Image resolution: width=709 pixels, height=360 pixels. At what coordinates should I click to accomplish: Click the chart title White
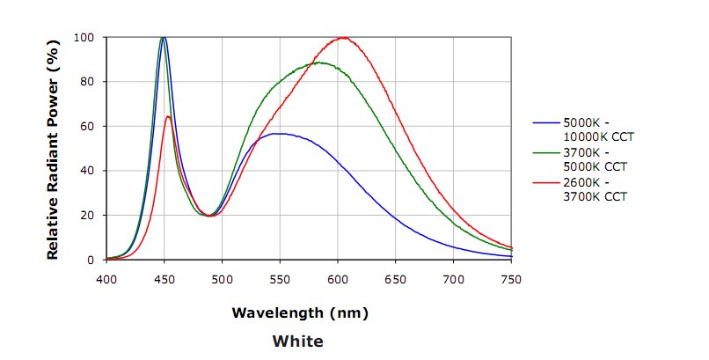297,341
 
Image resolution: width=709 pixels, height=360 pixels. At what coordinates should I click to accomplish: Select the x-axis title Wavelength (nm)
300,312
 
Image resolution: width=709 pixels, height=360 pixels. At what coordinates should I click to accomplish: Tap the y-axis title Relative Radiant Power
53,149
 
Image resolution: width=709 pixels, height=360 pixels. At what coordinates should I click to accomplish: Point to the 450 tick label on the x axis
164,278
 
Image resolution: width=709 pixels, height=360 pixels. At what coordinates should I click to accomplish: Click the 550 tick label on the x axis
280,278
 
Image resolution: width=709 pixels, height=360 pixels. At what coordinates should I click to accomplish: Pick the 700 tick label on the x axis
453,278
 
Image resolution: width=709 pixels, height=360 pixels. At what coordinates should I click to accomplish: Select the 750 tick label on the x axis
511,278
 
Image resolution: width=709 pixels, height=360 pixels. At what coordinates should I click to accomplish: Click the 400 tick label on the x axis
106,278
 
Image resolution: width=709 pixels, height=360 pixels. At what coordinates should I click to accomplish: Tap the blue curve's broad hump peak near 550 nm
279,134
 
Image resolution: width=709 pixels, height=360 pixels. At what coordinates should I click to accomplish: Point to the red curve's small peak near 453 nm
168,116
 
